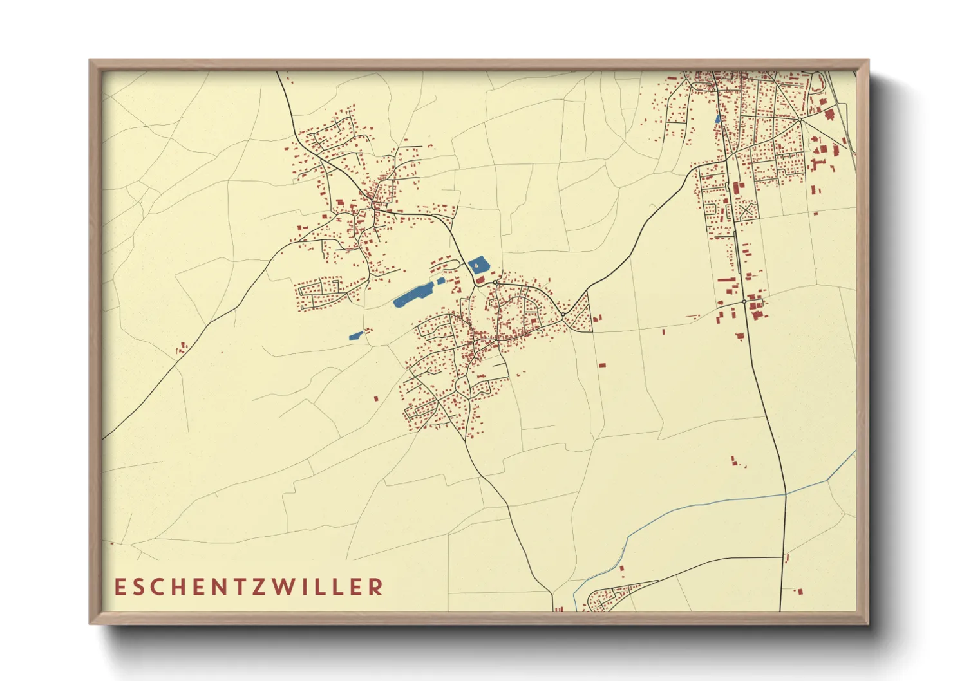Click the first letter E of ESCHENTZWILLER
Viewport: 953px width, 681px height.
coord(119,587)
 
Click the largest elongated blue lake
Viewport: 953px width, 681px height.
coord(413,294)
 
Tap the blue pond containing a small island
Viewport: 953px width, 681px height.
coord(478,264)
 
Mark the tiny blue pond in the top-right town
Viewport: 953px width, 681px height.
coord(717,118)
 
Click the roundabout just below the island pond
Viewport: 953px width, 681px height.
coord(495,283)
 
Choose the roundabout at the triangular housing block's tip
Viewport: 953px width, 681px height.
coord(563,314)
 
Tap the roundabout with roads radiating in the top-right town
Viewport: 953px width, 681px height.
coord(799,119)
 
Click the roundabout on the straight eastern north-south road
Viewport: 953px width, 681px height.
coord(744,301)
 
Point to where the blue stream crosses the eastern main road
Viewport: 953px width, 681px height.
coord(786,493)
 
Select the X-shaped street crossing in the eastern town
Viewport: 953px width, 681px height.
coord(746,211)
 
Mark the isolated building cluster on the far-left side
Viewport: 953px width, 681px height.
coord(182,348)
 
